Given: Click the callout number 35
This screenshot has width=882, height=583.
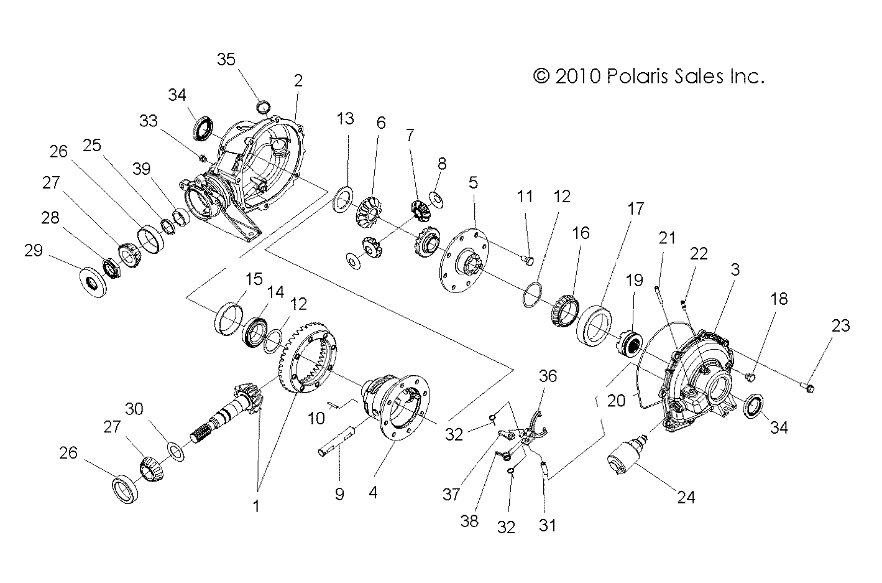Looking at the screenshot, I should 226,59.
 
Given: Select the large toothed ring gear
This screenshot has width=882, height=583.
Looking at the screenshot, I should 308,357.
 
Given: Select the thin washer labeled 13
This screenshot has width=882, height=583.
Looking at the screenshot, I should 341,202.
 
